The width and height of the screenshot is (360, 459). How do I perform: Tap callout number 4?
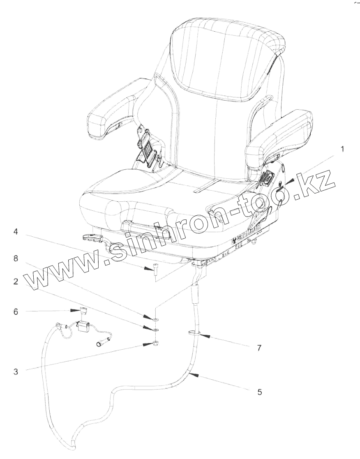click(x=16, y=232)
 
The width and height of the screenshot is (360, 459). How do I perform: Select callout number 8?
click(x=16, y=258)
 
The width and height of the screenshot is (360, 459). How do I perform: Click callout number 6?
click(x=16, y=312)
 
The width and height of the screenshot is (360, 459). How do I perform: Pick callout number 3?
click(x=16, y=372)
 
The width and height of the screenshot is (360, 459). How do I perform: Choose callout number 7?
click(x=259, y=348)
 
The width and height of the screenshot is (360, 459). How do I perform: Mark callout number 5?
click(x=259, y=392)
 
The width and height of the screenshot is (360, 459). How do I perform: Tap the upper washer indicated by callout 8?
click(x=157, y=319)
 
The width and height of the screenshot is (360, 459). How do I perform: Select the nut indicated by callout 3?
click(x=156, y=343)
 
